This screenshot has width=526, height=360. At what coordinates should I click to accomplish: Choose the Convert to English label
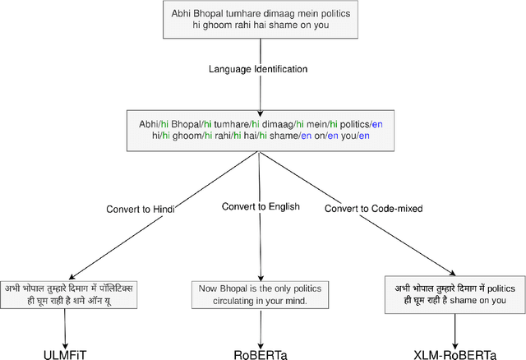tap(260, 205)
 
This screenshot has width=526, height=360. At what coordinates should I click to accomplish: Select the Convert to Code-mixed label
tap(373, 208)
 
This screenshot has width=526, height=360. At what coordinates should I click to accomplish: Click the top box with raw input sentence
tap(259, 21)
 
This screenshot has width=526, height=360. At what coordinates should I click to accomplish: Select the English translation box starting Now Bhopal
tap(260, 295)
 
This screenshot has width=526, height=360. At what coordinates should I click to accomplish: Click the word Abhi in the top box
tap(183, 14)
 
